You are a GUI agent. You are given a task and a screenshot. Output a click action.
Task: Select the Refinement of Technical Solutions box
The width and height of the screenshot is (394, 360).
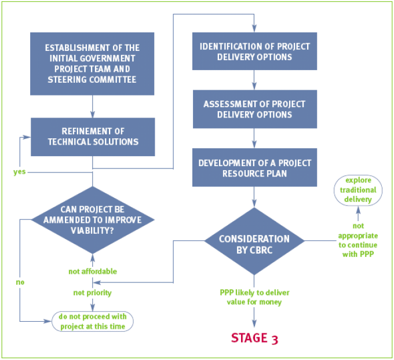[93, 137]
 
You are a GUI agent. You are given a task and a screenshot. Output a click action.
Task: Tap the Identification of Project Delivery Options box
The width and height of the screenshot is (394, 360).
[254, 52]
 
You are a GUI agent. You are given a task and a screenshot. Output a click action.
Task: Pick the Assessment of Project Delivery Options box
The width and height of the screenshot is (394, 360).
[254, 109]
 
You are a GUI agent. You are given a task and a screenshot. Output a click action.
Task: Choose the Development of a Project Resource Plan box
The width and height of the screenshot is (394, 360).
[254, 167]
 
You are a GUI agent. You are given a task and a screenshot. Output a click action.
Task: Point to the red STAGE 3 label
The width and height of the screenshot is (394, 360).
[254, 338]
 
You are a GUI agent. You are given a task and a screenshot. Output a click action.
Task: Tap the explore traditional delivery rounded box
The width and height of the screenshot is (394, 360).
[357, 189]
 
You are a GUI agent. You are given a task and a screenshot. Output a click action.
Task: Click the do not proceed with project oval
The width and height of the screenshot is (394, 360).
[93, 320]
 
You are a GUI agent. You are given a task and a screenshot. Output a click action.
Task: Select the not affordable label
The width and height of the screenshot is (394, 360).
[93, 271]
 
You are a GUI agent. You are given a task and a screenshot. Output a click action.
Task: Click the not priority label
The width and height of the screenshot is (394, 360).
[92, 293]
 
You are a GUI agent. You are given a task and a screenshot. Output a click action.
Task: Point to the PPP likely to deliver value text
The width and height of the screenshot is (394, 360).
[254, 297]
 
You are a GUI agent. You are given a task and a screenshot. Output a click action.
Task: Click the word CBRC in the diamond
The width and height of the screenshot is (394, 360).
[255, 249]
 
